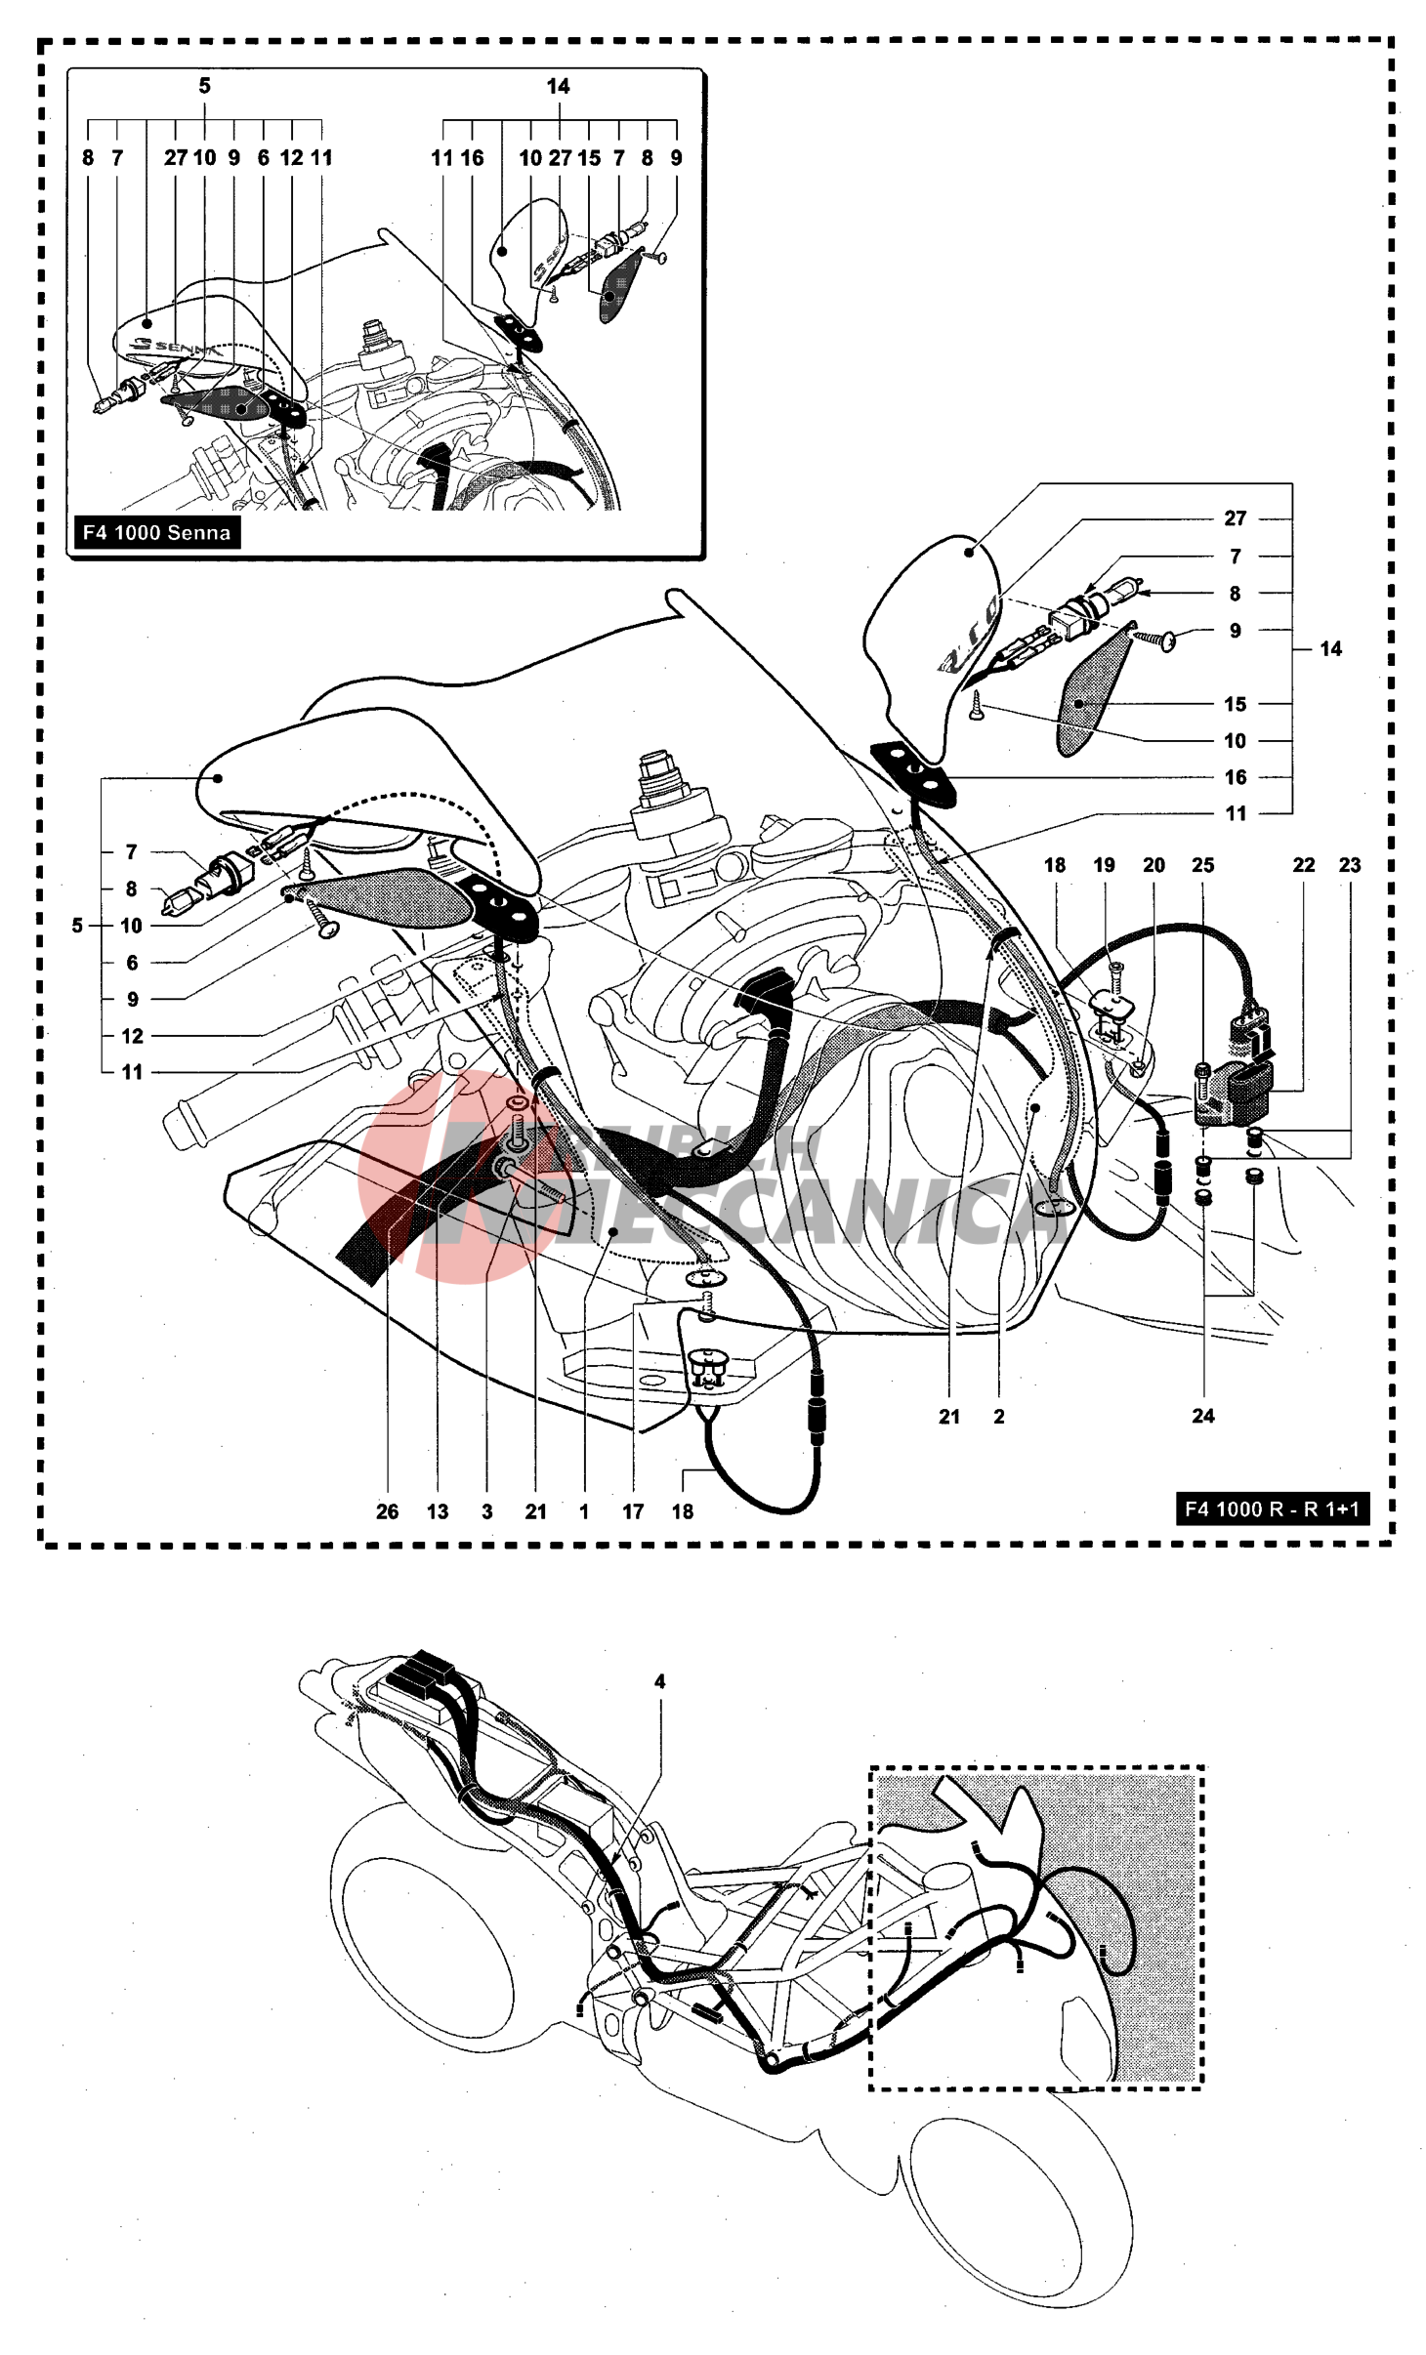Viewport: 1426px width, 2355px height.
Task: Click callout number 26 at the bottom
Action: point(387,1511)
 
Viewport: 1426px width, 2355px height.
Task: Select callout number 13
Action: point(437,1511)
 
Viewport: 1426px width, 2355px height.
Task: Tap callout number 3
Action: point(487,1511)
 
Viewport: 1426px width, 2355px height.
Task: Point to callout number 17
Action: point(633,1511)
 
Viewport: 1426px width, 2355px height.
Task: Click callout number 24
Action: point(1203,1416)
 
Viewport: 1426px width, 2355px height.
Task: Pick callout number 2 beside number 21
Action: point(999,1416)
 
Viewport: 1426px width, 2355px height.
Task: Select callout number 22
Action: point(1304,865)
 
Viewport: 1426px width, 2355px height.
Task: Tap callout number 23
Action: point(1350,865)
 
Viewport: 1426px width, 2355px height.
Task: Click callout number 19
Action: point(1104,865)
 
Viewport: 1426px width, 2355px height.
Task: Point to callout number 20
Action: point(1153,865)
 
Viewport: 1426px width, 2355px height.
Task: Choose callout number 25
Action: point(1203,865)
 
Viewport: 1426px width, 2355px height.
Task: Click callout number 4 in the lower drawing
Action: point(660,1681)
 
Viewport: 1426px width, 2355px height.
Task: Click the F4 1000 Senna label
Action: point(157,532)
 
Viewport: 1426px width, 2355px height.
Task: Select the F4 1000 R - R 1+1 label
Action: point(1272,1508)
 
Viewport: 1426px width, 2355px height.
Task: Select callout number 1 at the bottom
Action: point(584,1511)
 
